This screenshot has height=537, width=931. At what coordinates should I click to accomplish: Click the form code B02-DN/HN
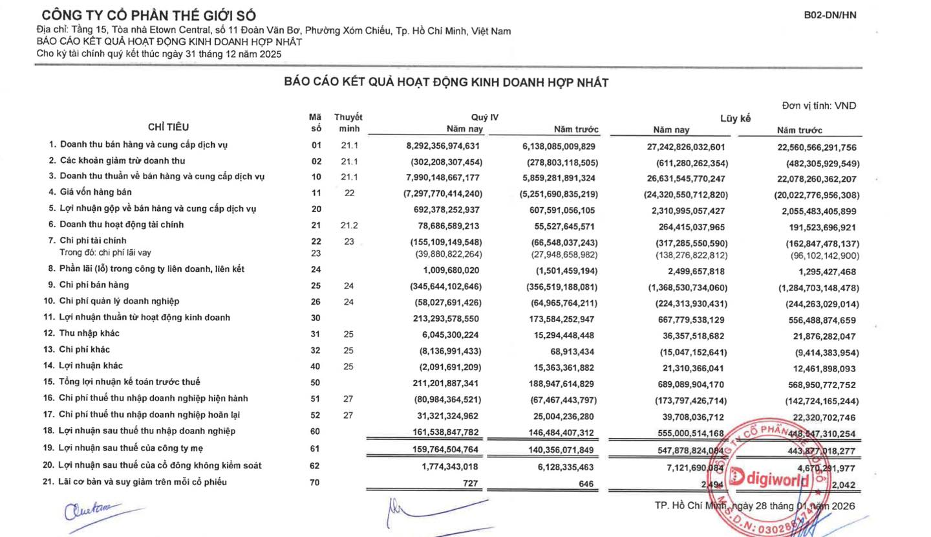click(830, 15)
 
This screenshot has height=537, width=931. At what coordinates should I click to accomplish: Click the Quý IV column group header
click(485, 117)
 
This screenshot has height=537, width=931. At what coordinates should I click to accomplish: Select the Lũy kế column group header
click(735, 118)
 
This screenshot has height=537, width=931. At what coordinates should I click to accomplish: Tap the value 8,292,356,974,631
click(443, 146)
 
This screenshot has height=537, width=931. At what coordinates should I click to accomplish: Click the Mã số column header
click(316, 122)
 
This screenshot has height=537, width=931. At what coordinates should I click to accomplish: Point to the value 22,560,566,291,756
click(816, 148)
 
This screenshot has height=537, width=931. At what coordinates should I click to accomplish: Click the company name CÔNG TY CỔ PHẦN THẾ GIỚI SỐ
click(149, 16)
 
